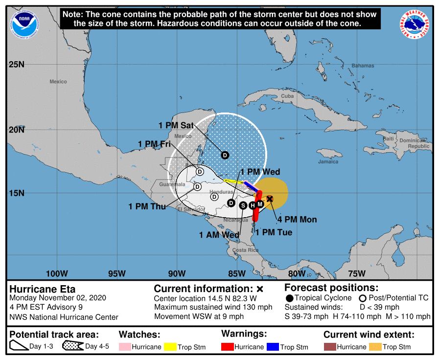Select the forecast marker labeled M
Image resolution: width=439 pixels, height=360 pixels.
click(x=260, y=203)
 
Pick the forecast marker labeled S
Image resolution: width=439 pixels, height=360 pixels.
click(x=243, y=205)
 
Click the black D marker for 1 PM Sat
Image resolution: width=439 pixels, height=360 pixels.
click(x=225, y=155)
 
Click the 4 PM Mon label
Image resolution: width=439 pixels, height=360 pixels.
click(x=296, y=220)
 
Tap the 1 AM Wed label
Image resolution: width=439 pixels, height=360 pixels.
click(x=219, y=235)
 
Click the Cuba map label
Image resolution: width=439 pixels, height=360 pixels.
click(x=287, y=96)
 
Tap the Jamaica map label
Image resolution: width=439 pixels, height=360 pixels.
click(x=328, y=161)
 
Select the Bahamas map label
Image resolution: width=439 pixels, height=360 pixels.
click(x=363, y=66)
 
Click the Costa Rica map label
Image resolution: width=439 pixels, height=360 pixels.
click(x=246, y=250)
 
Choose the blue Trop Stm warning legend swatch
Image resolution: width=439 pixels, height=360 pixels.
click(x=273, y=347)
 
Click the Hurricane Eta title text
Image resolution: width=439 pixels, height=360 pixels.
click(x=43, y=289)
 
